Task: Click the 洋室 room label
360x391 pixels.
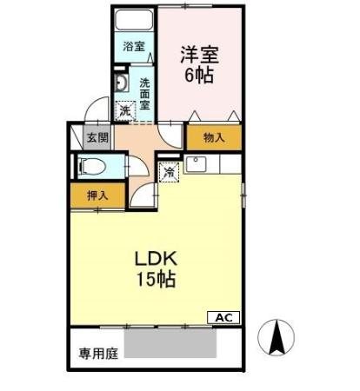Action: pyautogui.click(x=199, y=55)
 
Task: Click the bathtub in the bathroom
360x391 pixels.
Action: pyautogui.click(x=135, y=22)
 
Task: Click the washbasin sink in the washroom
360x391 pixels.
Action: pyautogui.click(x=123, y=83)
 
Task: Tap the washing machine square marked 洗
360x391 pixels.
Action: pyautogui.click(x=126, y=111)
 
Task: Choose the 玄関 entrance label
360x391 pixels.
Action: pyautogui.click(x=97, y=136)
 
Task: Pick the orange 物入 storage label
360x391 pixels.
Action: pyautogui.click(x=213, y=137)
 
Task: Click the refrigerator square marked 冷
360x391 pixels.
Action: pyautogui.click(x=170, y=171)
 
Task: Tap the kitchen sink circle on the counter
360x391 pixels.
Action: pyautogui.click(x=197, y=162)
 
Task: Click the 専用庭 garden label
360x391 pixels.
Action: pyautogui.click(x=97, y=354)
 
